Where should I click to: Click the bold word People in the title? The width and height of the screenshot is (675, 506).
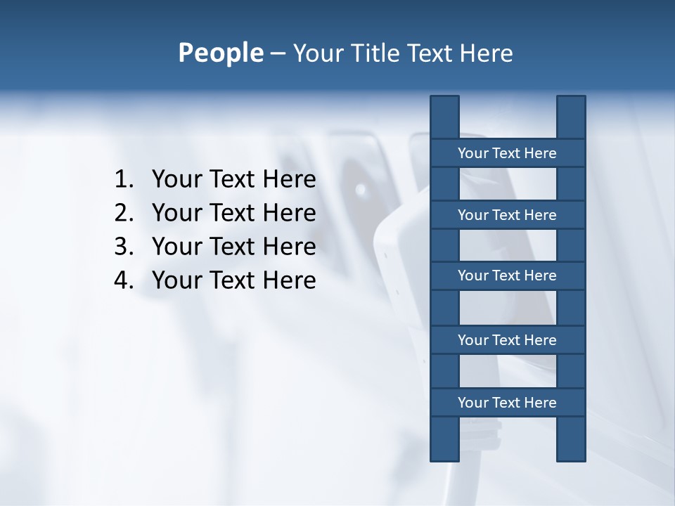tap(220, 53)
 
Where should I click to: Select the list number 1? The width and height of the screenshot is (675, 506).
tap(123, 179)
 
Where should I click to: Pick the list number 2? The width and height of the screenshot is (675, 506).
tap(123, 213)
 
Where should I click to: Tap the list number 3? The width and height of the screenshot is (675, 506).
tap(123, 247)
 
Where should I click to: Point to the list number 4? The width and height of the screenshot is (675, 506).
tap(123, 280)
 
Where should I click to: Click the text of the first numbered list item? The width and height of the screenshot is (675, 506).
tap(233, 179)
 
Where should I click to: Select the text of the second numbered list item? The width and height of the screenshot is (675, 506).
tap(233, 213)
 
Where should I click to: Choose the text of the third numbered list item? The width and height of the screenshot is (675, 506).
tap(233, 247)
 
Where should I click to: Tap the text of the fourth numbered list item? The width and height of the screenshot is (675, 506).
tap(233, 280)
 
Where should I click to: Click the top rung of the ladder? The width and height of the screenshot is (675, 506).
tap(507, 153)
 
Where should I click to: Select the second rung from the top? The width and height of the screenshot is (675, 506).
tap(507, 215)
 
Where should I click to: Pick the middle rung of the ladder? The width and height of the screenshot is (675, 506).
tap(507, 275)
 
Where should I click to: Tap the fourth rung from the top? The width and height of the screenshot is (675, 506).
tap(507, 340)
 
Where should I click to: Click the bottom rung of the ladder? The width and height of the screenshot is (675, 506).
tap(507, 403)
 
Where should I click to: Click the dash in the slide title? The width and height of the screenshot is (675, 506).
tap(277, 53)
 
